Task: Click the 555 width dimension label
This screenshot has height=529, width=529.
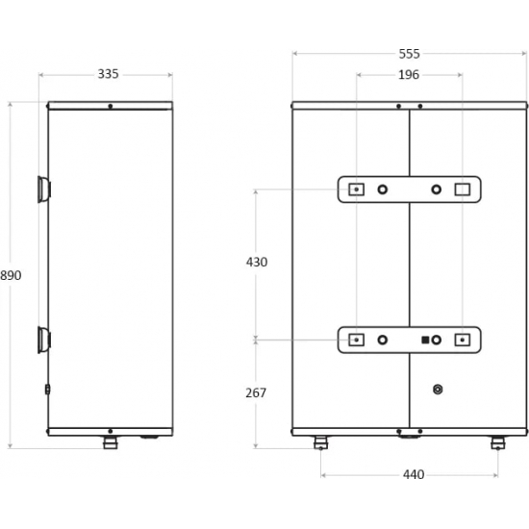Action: (x=409, y=54)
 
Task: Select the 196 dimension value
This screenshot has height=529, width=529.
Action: (x=409, y=75)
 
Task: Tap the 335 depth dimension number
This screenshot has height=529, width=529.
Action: (x=109, y=74)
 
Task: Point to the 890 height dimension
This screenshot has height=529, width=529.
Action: (x=11, y=276)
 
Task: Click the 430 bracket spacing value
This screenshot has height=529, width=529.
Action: (x=257, y=263)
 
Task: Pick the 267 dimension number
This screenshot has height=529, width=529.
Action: (x=256, y=393)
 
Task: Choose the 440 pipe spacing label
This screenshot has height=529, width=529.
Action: (x=414, y=475)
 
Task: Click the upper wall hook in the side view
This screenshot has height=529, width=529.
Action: (x=44, y=189)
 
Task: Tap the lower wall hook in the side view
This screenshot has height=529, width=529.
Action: (x=44, y=340)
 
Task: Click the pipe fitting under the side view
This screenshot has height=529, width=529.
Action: (x=111, y=442)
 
